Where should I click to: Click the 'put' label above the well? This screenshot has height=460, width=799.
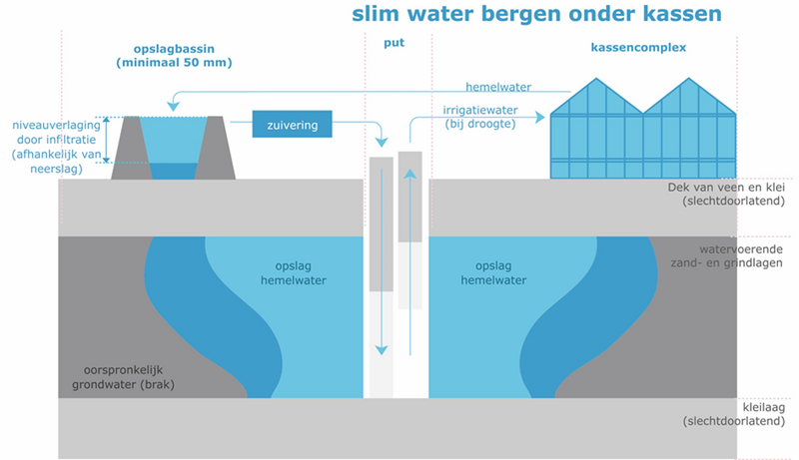point(395,44)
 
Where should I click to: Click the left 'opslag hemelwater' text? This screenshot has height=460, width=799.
point(300,273)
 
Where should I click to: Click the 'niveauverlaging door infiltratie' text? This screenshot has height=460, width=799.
point(56,140)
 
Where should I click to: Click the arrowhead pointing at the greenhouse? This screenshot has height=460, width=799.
point(540,117)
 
